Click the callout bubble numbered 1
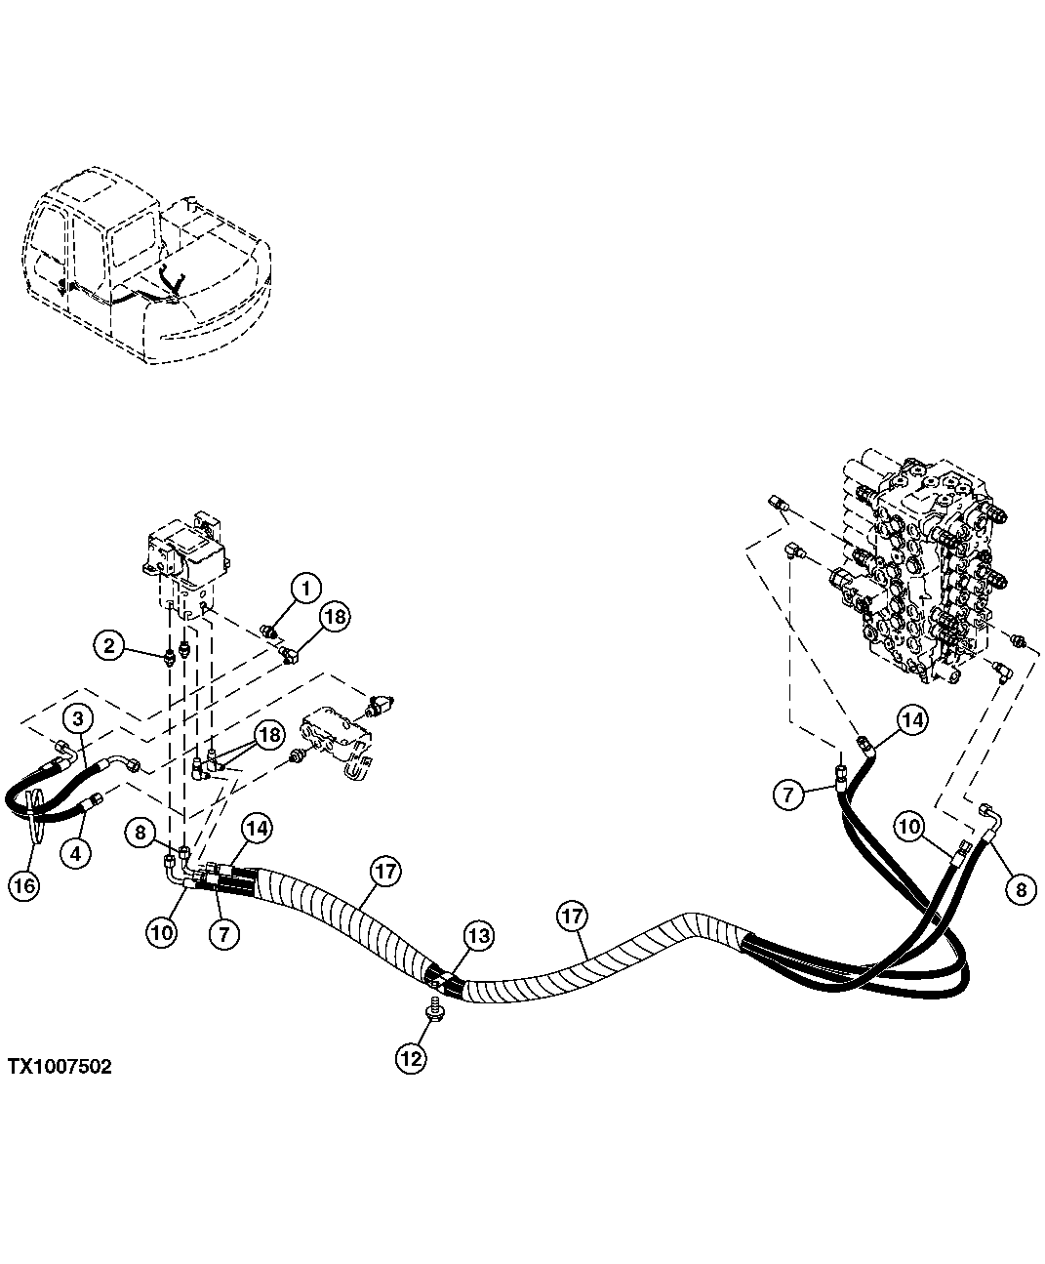(305, 588)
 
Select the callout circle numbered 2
(110, 644)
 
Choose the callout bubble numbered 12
(411, 1058)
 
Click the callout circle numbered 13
(478, 936)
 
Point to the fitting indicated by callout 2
(172, 656)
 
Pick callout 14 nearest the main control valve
(910, 720)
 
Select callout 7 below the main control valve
(789, 794)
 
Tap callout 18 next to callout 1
(335, 617)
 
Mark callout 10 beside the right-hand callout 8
(909, 827)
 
